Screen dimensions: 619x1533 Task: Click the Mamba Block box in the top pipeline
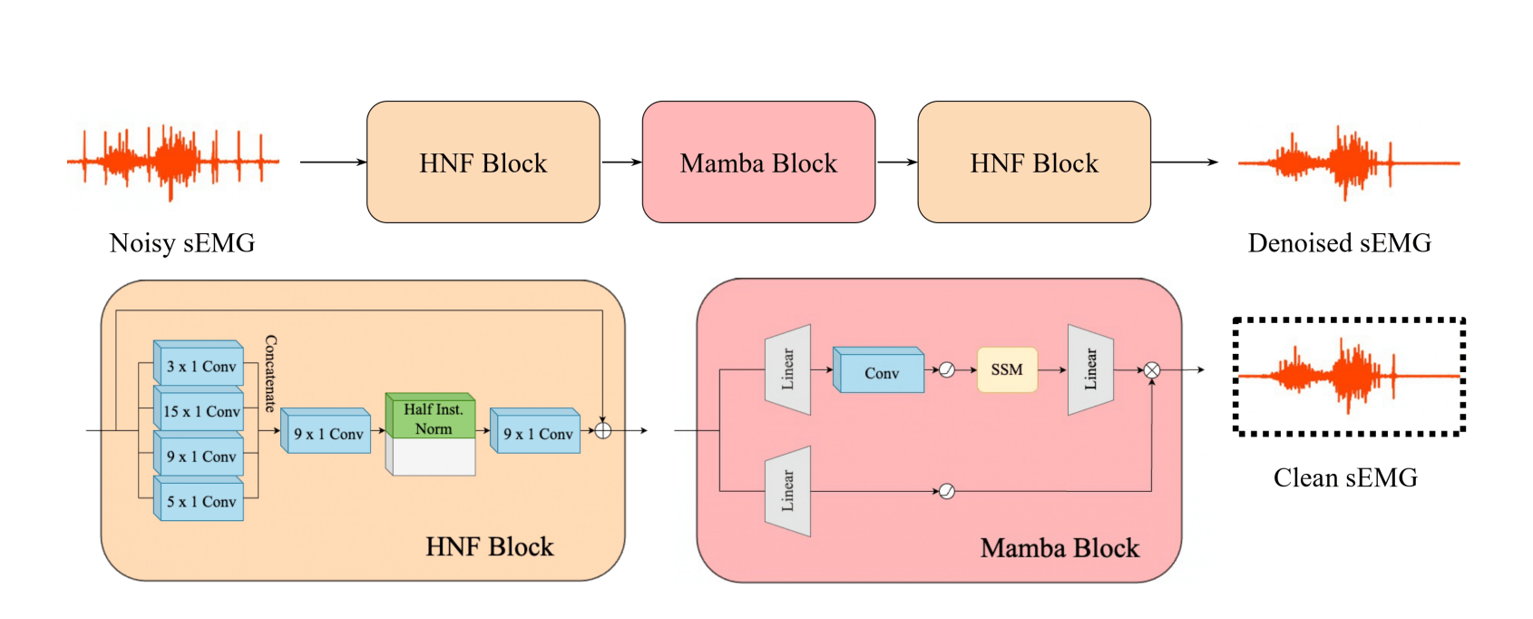tap(758, 162)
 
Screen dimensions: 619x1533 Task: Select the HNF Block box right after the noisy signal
tap(483, 162)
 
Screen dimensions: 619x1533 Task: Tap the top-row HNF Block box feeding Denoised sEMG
tap(1034, 162)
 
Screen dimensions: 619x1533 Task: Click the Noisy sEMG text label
tap(182, 243)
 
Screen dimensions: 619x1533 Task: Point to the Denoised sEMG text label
tap(1339, 243)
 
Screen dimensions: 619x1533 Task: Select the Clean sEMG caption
tap(1345, 478)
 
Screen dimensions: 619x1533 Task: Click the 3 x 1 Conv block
tap(200, 367)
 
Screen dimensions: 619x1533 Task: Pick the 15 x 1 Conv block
tap(200, 412)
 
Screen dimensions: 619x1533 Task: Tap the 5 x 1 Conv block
tap(200, 502)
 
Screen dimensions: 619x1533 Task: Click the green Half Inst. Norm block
tap(432, 418)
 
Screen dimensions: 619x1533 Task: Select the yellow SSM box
tap(1007, 369)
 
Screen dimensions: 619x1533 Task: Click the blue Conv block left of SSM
tap(880, 372)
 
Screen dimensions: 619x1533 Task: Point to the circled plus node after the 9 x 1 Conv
tap(602, 430)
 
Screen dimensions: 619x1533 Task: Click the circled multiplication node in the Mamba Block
tap(1151, 369)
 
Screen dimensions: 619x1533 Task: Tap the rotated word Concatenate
tap(270, 373)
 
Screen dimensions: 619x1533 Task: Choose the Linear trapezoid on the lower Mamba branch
tap(787, 491)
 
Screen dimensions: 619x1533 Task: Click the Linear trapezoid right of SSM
tap(1090, 369)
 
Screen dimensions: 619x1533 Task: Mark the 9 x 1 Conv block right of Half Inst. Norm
tap(536, 435)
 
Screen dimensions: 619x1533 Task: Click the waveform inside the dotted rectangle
tap(1348, 375)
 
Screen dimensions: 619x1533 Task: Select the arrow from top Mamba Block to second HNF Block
tap(896, 162)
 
